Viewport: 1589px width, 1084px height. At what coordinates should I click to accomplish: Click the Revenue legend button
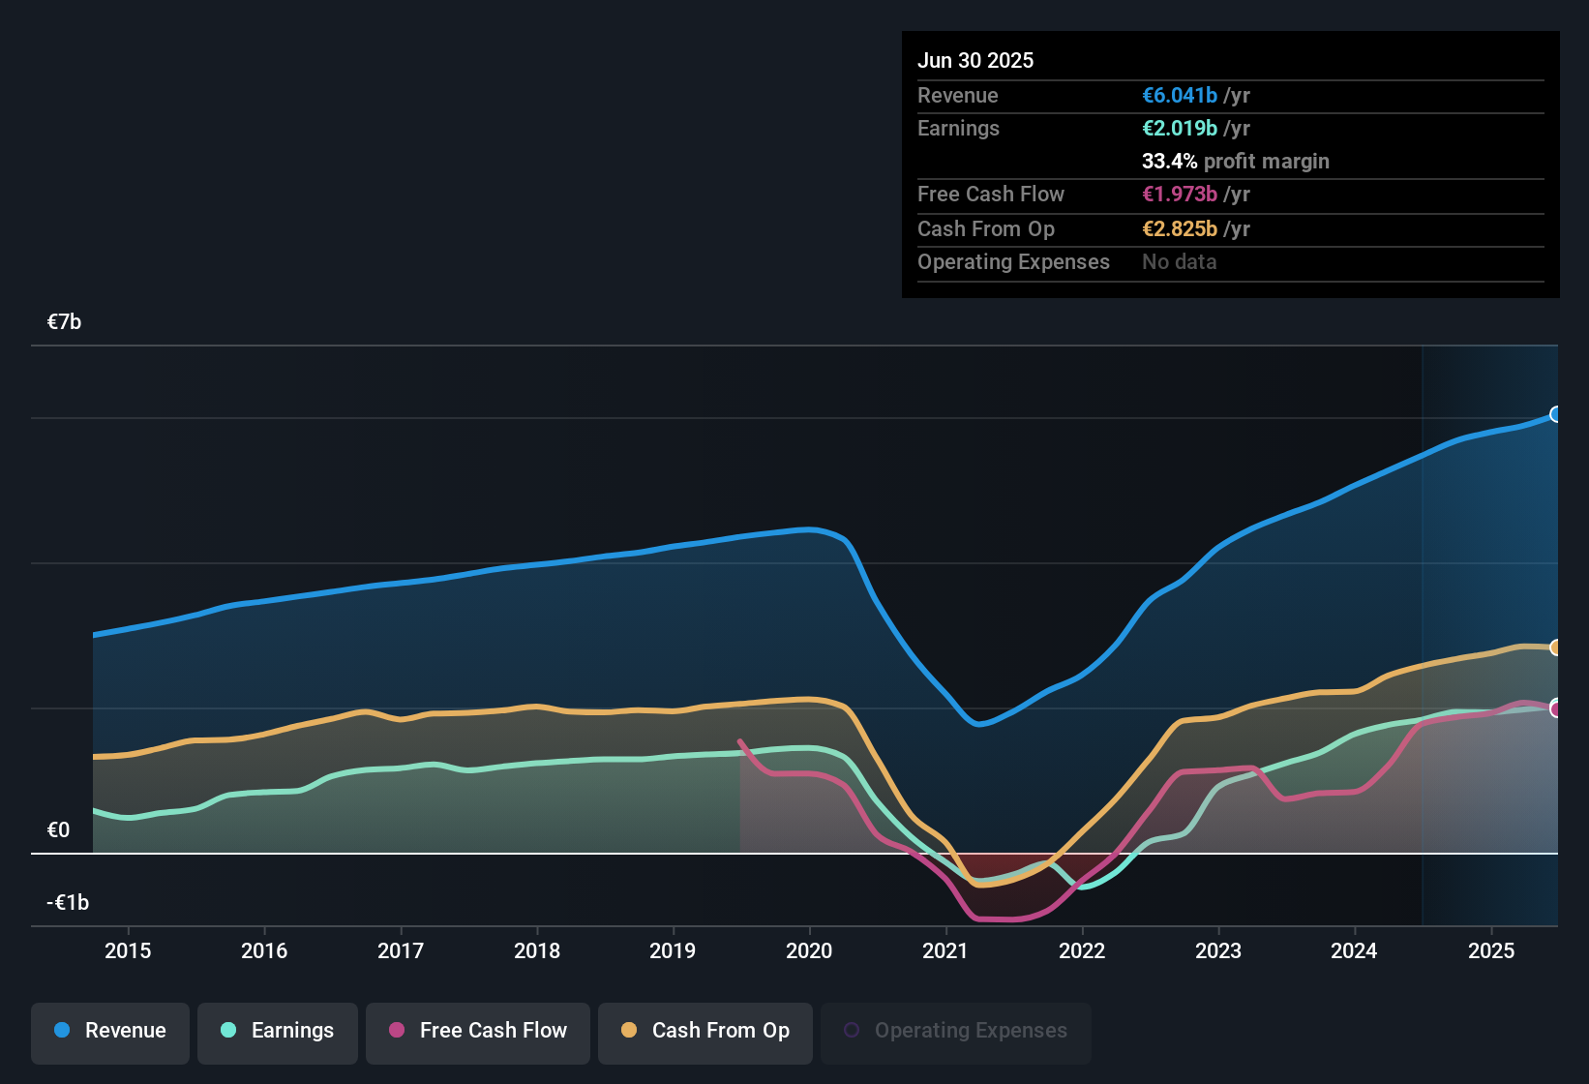pos(110,1031)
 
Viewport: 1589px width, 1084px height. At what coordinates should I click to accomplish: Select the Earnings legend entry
pos(278,1031)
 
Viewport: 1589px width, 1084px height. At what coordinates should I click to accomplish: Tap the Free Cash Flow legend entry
pos(478,1031)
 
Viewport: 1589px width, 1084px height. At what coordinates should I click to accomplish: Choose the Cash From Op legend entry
pos(705,1031)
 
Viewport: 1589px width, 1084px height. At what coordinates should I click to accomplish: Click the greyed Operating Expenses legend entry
pos(956,1031)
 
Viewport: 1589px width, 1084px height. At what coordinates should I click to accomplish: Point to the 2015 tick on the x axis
pos(128,950)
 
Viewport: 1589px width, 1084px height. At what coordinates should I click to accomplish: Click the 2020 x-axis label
pos(809,950)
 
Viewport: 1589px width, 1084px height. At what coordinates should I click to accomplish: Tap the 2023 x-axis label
pos(1218,950)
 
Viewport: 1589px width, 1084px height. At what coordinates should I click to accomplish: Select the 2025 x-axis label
pos(1491,950)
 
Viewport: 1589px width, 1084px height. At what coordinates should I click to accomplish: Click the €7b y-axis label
pos(64,322)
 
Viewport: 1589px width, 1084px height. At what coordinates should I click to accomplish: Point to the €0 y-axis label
pos(58,829)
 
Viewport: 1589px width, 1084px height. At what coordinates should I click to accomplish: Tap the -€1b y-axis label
pos(68,902)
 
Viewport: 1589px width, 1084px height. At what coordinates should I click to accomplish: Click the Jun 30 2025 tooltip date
pos(975,60)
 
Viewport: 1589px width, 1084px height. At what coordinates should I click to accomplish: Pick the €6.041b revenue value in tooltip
pos(1180,95)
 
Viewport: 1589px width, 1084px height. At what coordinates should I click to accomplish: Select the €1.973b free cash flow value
pos(1180,194)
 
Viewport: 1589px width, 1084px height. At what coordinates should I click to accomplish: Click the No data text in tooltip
pos(1179,261)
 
